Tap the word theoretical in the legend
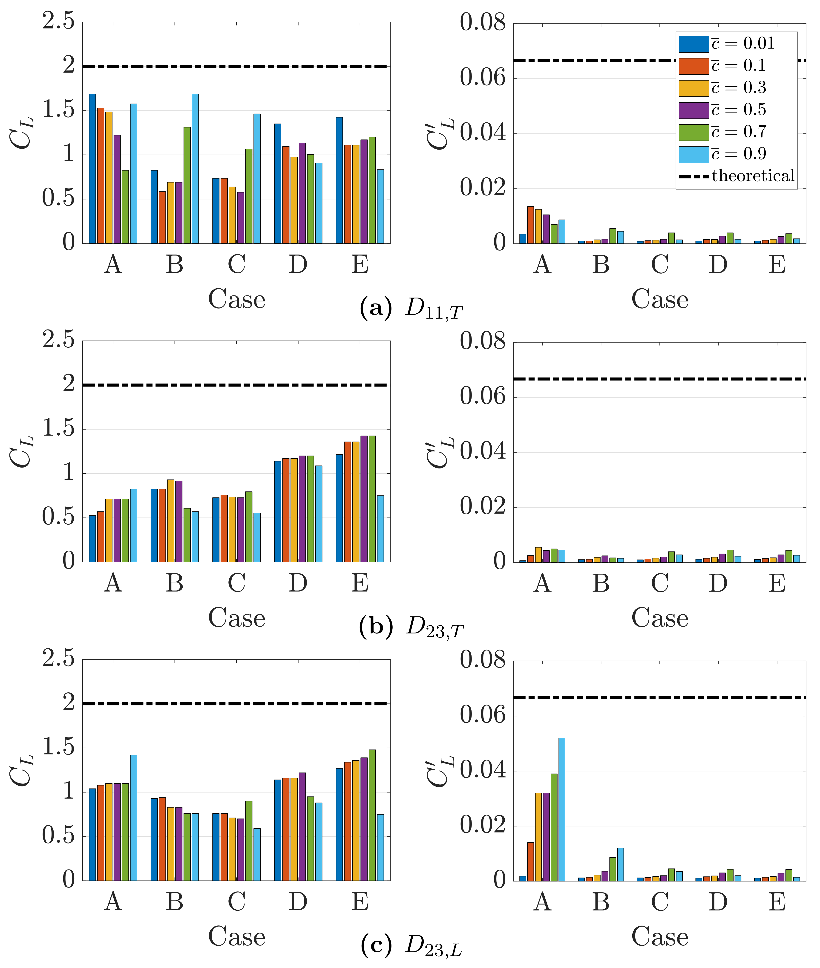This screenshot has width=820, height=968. coord(753,176)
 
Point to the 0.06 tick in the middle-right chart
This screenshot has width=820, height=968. coord(483,397)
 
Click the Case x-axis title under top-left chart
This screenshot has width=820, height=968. coord(237,299)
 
